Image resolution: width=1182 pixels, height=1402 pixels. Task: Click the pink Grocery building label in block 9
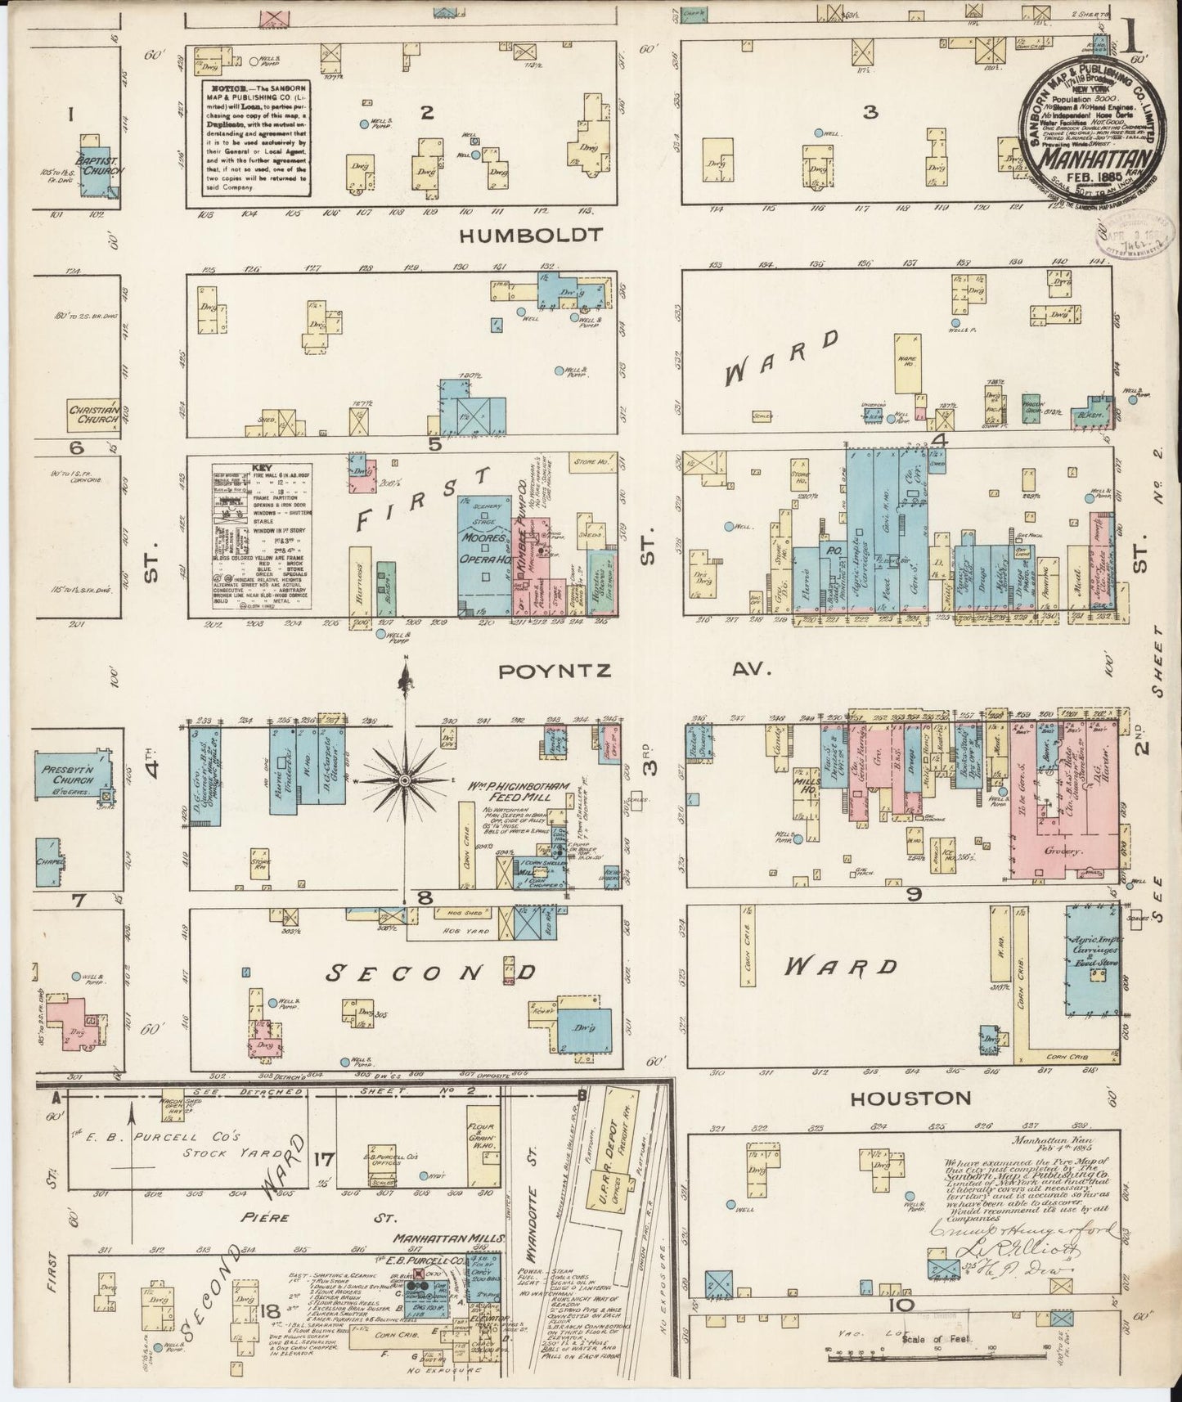point(1067,851)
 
